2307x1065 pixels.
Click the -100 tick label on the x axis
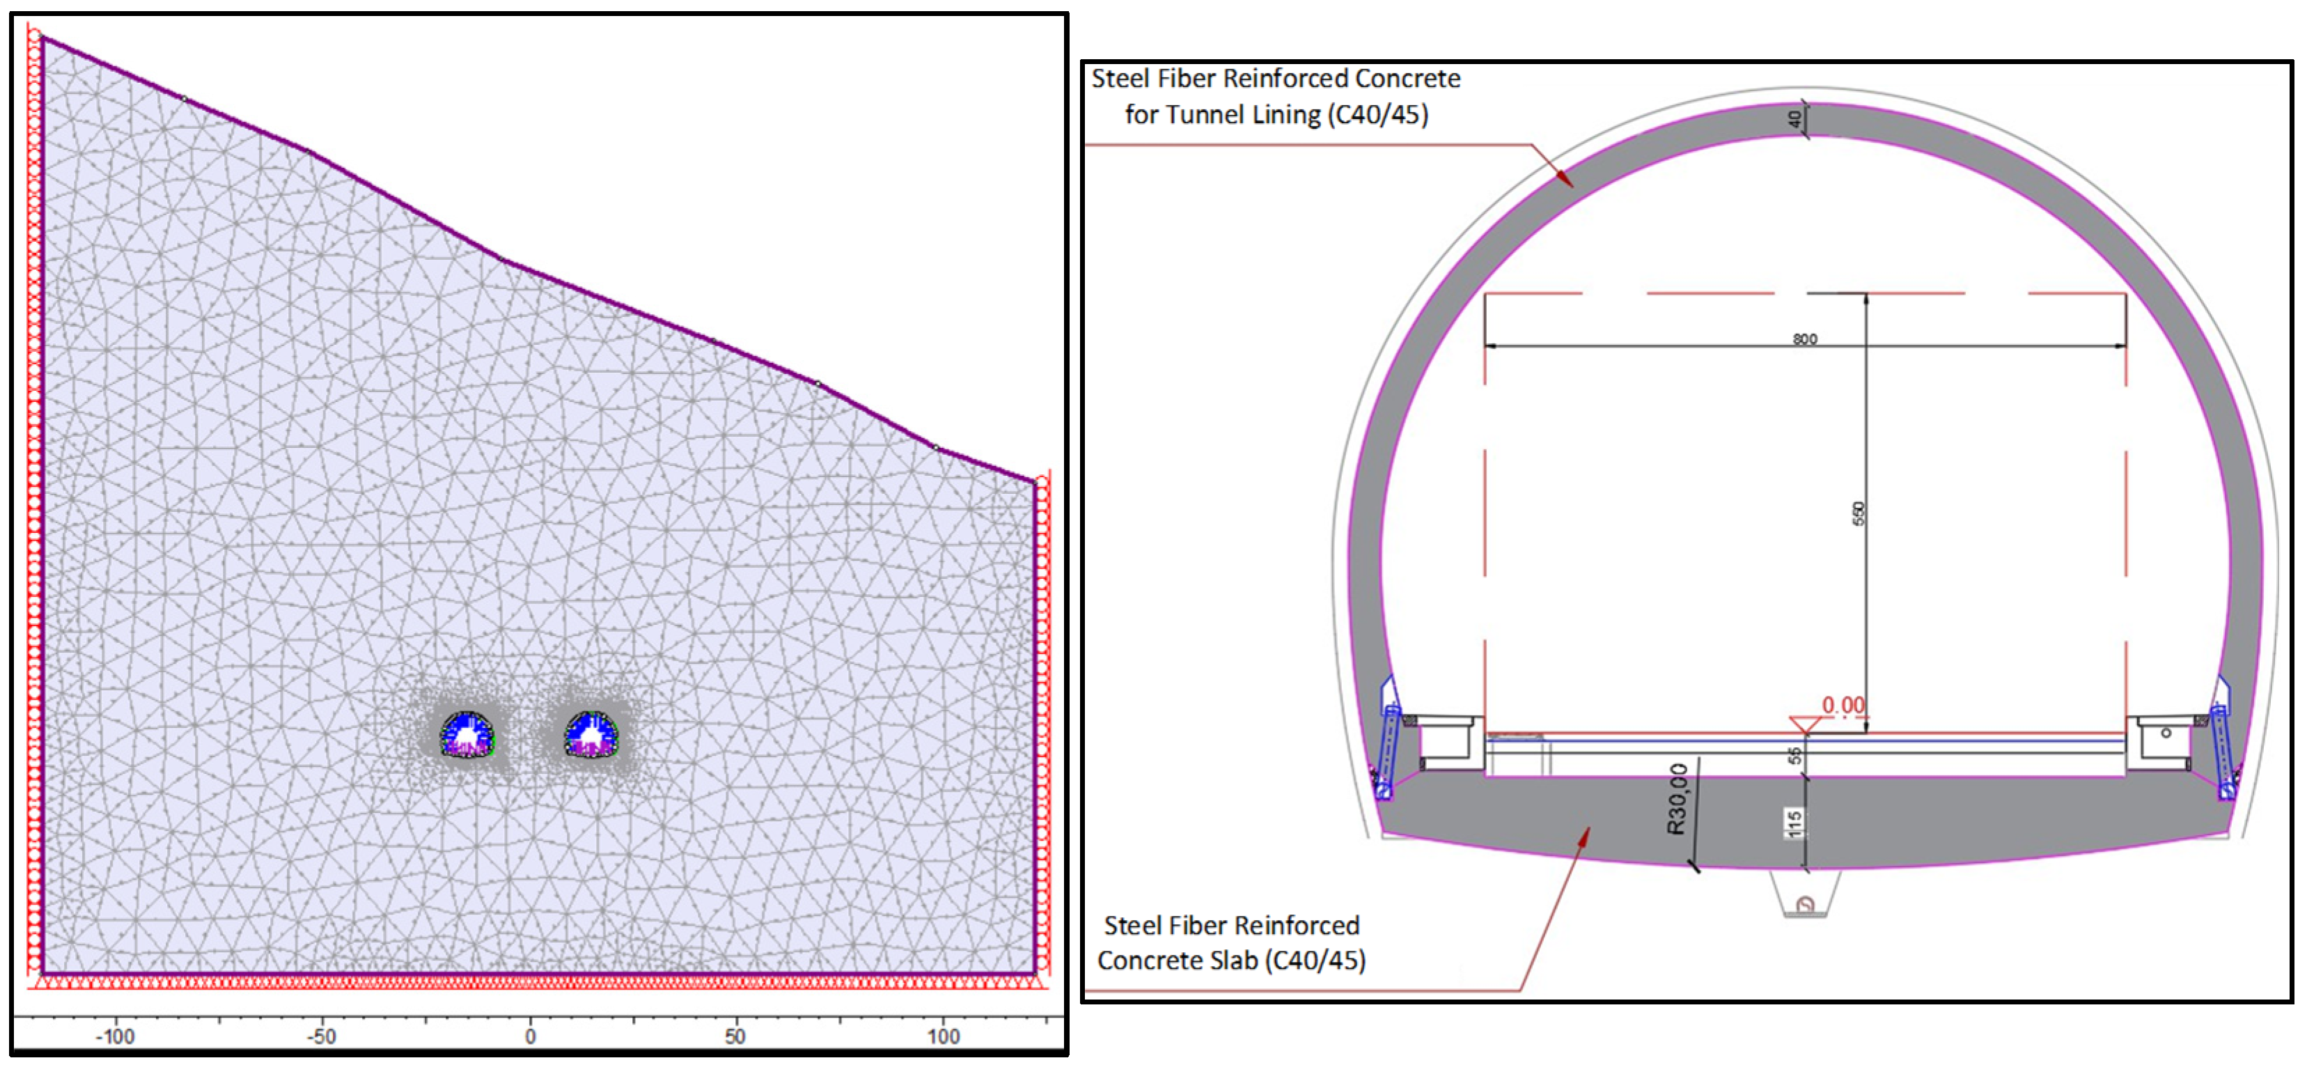click(115, 1036)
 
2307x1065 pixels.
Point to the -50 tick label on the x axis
click(322, 1036)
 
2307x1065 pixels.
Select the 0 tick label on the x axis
click(530, 1036)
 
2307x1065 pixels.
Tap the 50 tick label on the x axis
click(735, 1036)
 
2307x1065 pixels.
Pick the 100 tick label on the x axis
click(943, 1036)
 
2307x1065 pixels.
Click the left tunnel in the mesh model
click(467, 734)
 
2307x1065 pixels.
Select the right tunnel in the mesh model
click(591, 734)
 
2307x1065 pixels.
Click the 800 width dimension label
click(1804, 339)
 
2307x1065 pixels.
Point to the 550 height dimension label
click(1859, 513)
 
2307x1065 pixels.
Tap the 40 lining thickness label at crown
click(1794, 118)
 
